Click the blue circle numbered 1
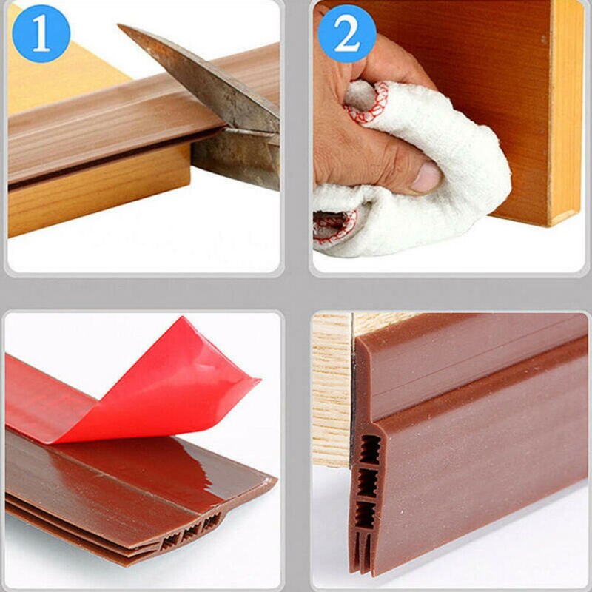click(x=41, y=33)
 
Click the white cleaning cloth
click(x=444, y=170)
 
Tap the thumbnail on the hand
click(x=427, y=178)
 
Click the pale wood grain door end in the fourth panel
click(x=331, y=392)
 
